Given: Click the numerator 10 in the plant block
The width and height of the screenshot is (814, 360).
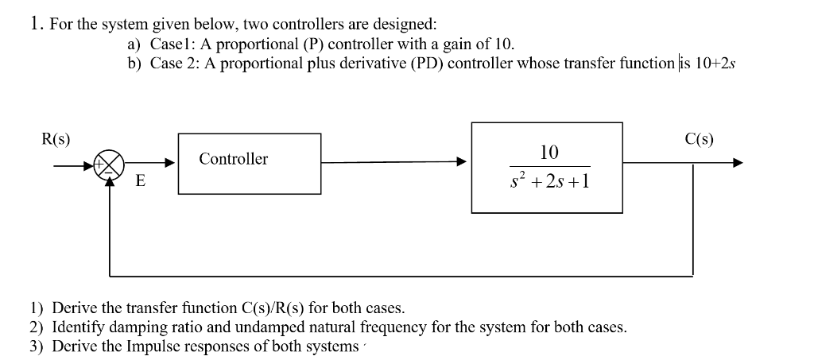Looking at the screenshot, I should click(548, 151).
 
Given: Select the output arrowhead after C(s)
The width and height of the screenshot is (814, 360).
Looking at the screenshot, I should click(737, 163).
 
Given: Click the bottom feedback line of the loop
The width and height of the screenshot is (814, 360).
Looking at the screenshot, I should click(397, 276).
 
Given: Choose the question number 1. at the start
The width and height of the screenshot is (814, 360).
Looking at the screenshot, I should click(37, 24).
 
